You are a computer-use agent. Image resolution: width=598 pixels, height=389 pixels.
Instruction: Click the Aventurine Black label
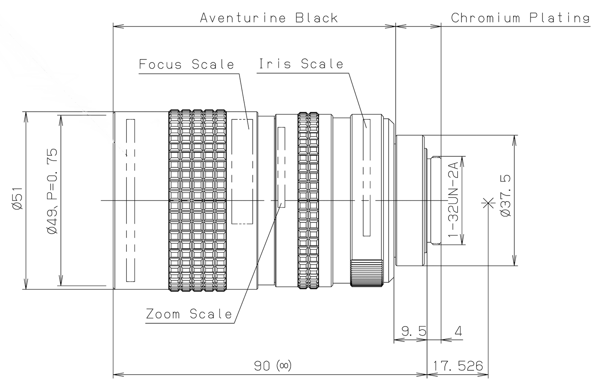(x=269, y=18)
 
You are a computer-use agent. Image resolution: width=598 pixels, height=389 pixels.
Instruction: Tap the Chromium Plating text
(x=520, y=18)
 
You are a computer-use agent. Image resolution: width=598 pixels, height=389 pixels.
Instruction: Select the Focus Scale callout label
(x=186, y=64)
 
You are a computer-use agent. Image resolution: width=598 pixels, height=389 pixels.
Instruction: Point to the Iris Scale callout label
(x=301, y=64)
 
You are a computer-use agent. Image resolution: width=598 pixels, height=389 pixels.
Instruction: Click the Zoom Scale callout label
(x=189, y=314)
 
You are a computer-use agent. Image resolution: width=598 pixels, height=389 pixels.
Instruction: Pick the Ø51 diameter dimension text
(x=19, y=199)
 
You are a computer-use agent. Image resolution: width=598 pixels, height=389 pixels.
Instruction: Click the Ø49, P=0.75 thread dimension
(x=52, y=191)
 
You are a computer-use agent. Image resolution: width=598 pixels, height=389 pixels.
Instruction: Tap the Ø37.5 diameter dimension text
(x=506, y=196)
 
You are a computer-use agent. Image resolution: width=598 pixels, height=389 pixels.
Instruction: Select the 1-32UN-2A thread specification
(x=453, y=200)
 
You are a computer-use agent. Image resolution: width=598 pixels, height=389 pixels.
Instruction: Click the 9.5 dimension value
(x=414, y=331)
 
